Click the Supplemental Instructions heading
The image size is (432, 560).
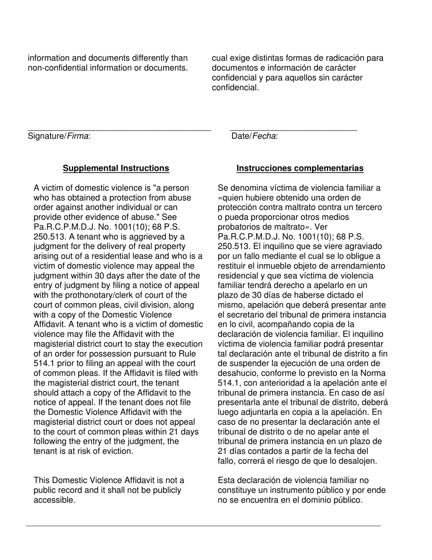point(116,168)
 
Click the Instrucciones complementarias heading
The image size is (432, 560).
point(300,168)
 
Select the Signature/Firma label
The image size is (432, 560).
point(59,136)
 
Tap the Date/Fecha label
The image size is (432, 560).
point(255,136)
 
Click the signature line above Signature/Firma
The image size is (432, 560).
point(119,131)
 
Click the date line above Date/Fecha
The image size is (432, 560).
point(293,131)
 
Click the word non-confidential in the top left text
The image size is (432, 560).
point(54,68)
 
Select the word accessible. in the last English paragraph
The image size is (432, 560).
point(54,500)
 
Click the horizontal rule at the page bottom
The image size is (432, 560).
point(203,526)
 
